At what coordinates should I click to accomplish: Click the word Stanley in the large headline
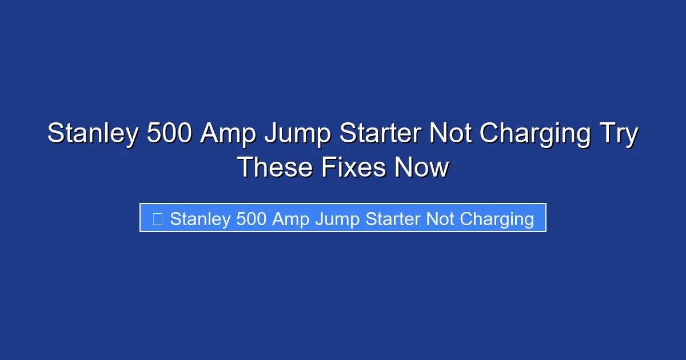(x=91, y=134)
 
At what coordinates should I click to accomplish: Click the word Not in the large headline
(x=450, y=134)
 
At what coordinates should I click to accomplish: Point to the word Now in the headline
(x=424, y=167)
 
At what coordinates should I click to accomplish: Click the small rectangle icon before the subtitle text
(x=158, y=218)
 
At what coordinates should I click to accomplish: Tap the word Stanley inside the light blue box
(x=200, y=218)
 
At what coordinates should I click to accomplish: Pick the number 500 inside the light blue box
(x=251, y=218)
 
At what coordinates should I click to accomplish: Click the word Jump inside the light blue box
(x=335, y=218)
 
